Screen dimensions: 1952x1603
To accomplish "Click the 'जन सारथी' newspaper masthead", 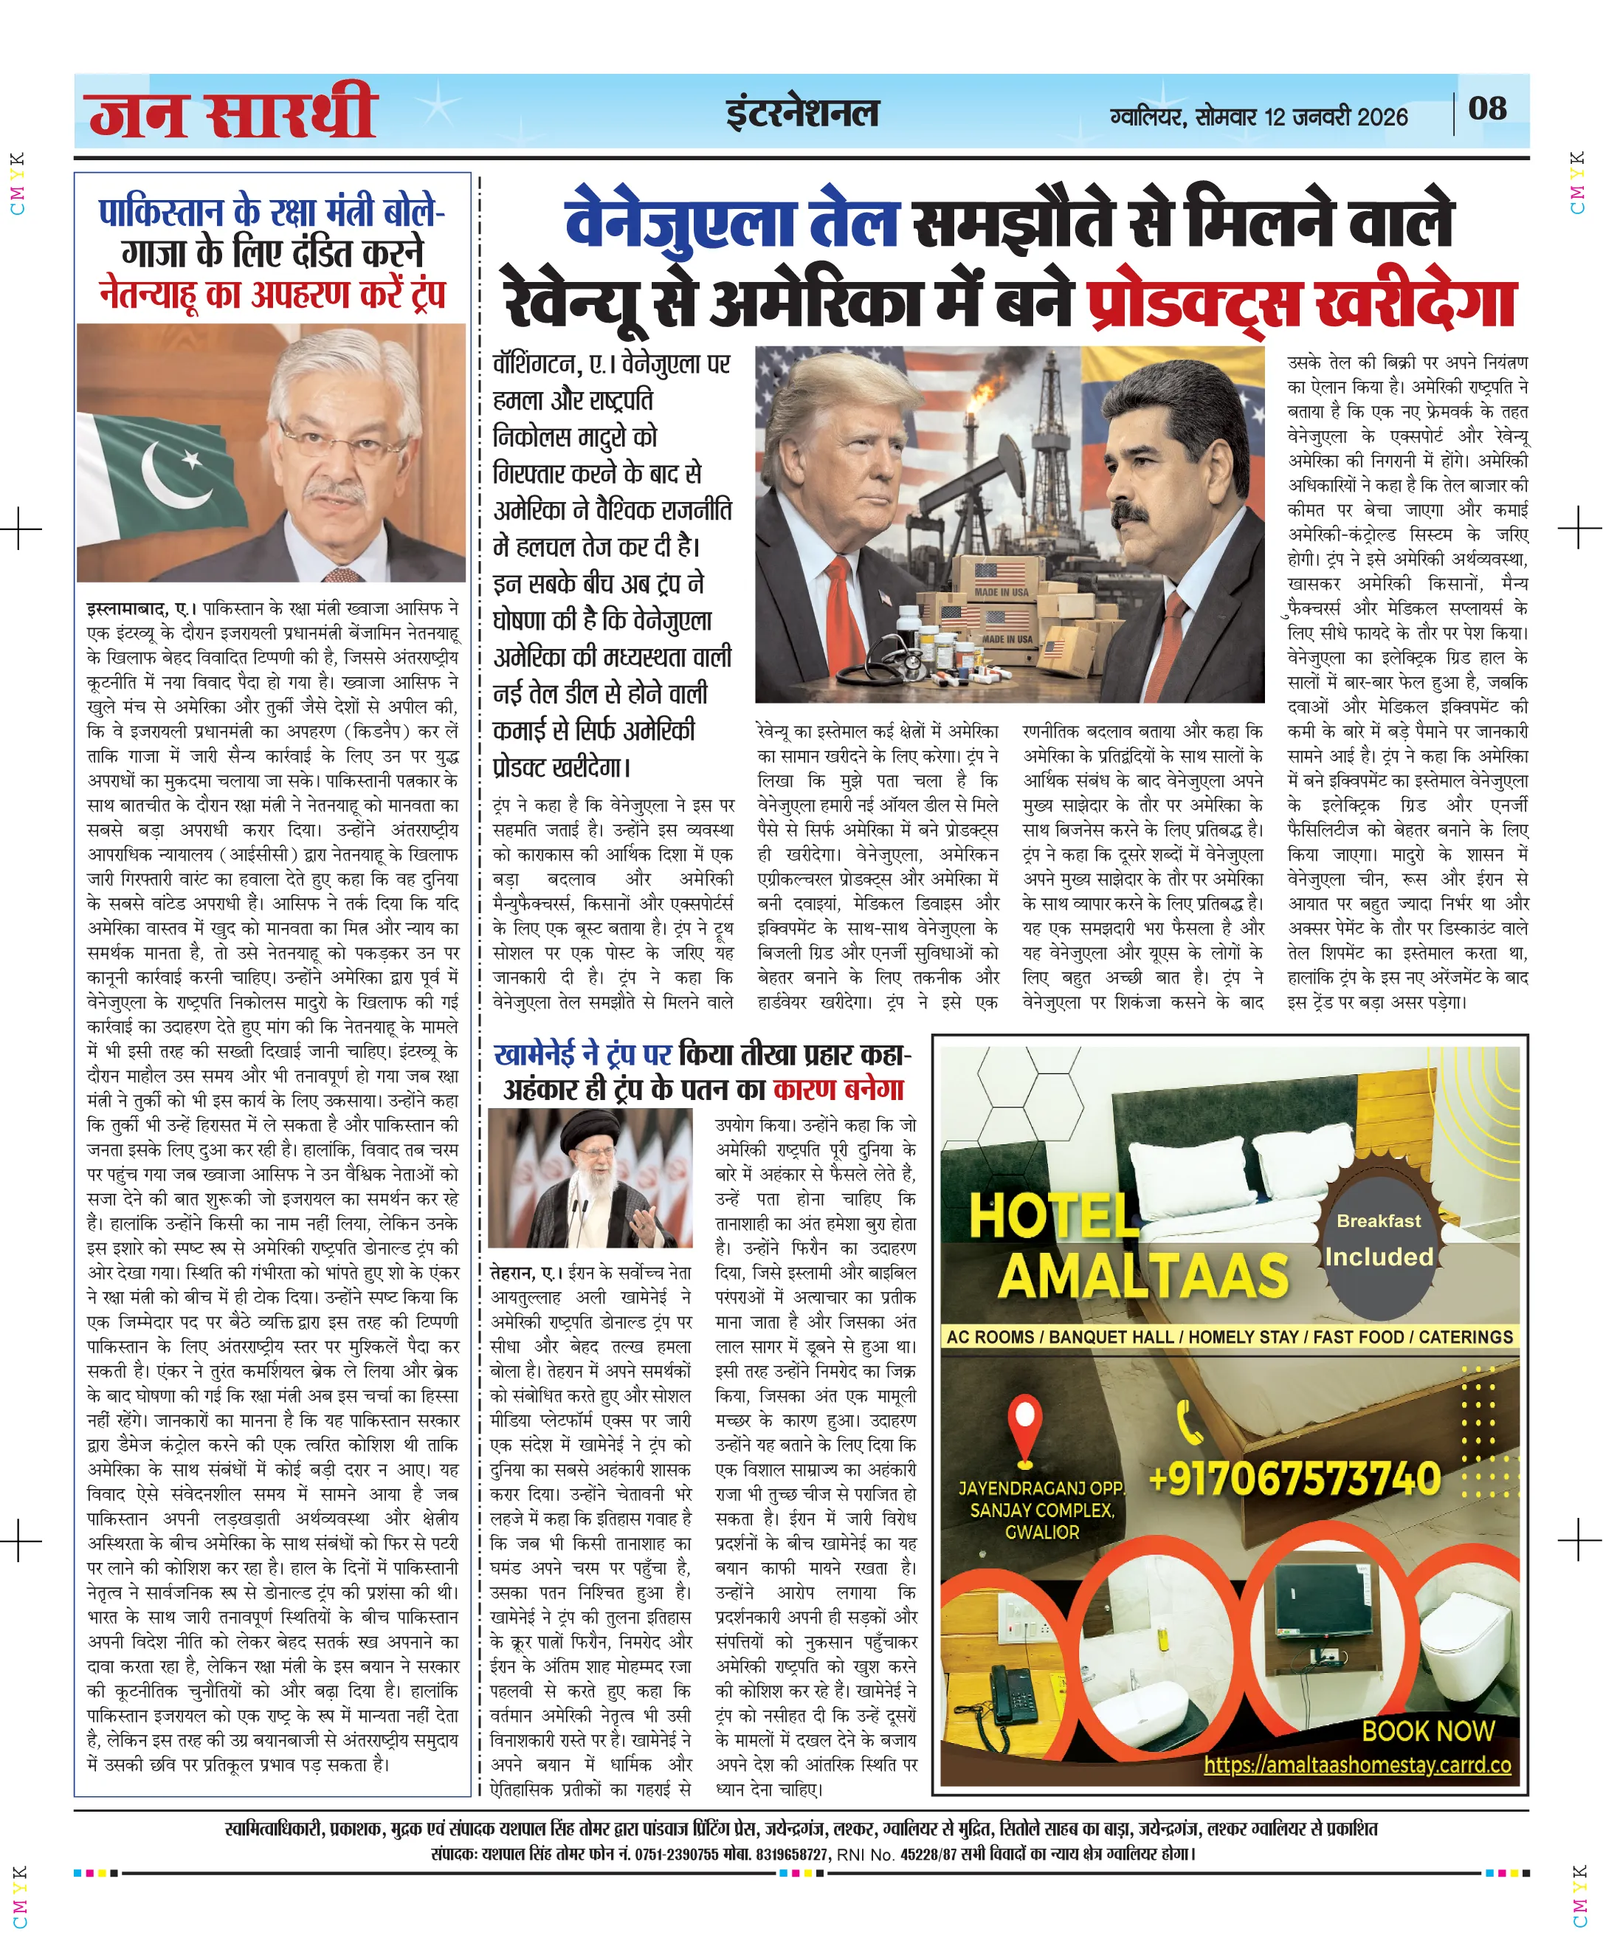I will (x=232, y=113).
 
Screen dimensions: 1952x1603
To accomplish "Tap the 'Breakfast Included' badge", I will (x=1379, y=1240).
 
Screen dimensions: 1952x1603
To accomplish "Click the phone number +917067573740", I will (x=1294, y=1479).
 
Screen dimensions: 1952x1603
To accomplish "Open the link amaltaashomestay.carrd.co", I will (x=1356, y=1765).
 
